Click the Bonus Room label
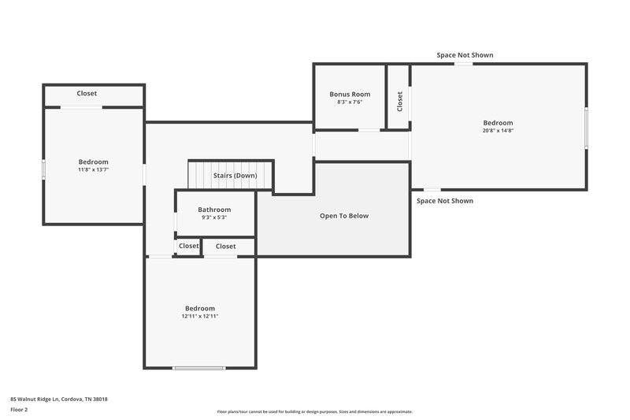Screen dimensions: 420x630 coord(350,95)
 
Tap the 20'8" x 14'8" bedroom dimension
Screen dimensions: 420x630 coord(498,131)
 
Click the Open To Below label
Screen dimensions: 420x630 coord(343,216)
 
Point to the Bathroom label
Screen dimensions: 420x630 coord(214,210)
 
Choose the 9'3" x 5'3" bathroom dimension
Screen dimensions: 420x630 coord(214,217)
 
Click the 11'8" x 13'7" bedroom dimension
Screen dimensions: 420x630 coord(93,169)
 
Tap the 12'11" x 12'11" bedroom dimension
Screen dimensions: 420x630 coord(199,316)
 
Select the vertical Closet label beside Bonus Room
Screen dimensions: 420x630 coord(400,101)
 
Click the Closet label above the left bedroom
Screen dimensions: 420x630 coord(87,94)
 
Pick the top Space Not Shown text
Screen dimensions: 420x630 coord(465,55)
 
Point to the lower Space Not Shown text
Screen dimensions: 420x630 coord(445,201)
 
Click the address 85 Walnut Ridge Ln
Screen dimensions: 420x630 coord(59,400)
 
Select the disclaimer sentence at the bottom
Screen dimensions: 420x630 coord(314,411)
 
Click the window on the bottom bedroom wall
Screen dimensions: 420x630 coord(199,368)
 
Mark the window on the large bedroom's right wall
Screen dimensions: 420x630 coord(586,127)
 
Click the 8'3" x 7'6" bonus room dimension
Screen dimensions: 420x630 coord(350,102)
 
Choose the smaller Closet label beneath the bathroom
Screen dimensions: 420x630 coord(189,246)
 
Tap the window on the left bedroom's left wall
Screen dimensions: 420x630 coord(43,169)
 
